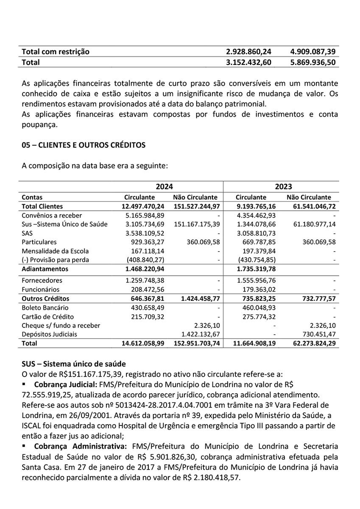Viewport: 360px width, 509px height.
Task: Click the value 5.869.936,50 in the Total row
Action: [313, 62]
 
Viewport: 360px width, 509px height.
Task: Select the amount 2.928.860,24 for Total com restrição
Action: [248, 52]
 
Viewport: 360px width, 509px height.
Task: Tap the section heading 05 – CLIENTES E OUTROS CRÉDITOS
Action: [84, 145]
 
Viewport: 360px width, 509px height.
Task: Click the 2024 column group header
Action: [164, 187]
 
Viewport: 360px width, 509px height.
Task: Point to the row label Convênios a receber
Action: [52, 215]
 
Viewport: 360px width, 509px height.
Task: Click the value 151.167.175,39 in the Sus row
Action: [197, 224]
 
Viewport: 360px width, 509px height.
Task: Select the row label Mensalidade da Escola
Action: [55, 251]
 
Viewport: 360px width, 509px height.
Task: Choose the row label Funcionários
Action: [40, 290]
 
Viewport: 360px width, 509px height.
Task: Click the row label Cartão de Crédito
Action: [47, 316]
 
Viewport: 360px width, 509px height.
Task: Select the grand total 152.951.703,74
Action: [197, 343]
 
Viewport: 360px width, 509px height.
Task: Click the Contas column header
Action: [32, 197]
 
